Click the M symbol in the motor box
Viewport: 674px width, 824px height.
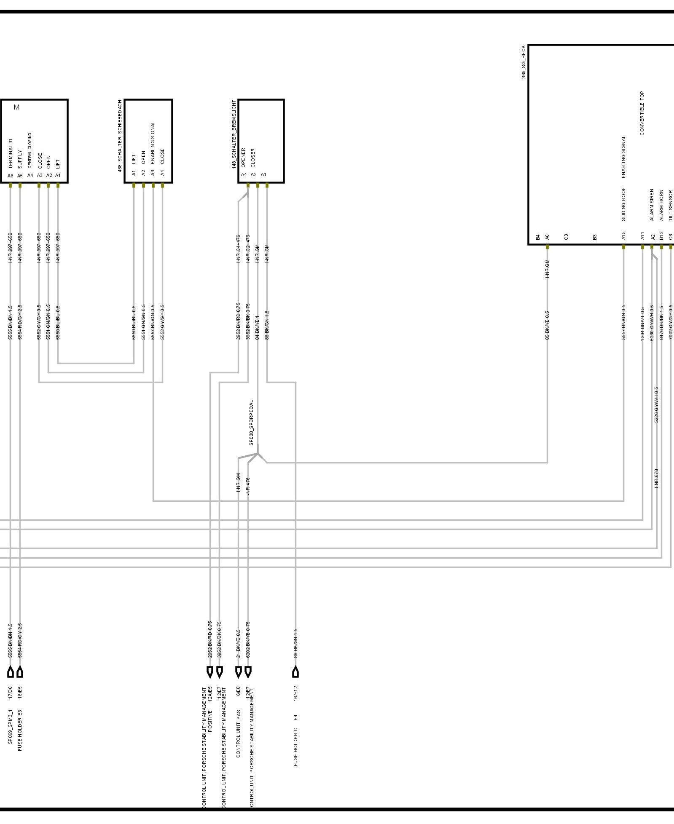16,107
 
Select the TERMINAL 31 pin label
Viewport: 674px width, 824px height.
11,154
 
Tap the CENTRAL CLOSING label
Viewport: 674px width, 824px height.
30,150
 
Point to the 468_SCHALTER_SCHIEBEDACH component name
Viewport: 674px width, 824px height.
120,136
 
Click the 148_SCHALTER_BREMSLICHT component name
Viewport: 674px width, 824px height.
234,134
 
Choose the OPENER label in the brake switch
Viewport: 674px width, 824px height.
244,158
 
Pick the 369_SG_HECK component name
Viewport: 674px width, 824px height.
524,62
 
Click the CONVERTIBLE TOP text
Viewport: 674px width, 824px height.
642,113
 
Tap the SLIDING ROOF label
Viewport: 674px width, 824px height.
623,204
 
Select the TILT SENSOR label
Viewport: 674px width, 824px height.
671,206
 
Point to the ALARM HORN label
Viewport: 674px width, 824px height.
661,205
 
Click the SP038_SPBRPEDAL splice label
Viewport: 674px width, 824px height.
252,423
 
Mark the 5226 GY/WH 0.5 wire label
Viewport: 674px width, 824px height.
656,405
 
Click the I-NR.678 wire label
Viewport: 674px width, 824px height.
656,479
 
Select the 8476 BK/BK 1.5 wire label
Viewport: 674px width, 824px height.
661,323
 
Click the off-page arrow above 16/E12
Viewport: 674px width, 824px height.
295,672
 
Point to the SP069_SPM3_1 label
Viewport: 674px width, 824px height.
11,727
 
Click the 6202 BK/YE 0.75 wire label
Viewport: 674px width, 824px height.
248,639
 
